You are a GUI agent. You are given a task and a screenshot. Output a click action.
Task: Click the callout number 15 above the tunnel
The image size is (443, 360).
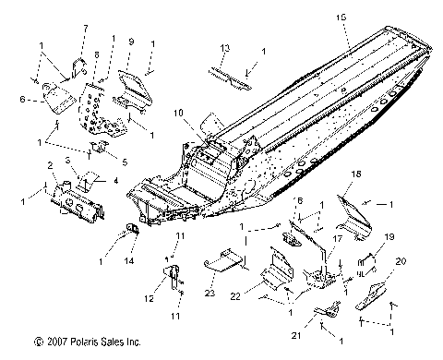(x=342, y=17)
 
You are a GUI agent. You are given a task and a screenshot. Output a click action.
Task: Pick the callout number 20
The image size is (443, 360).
(x=400, y=261)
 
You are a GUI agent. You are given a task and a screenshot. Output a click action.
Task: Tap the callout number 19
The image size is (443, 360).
(x=389, y=236)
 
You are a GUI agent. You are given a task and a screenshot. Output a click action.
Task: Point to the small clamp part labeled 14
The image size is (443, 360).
(x=130, y=228)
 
